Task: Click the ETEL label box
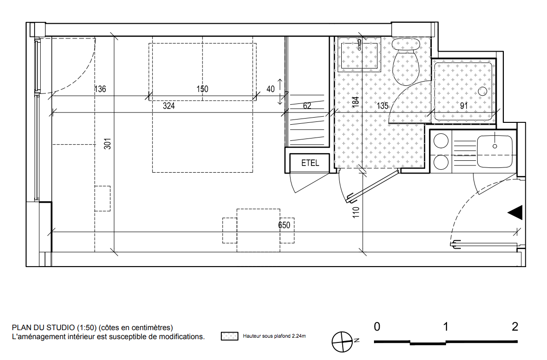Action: pos(310,163)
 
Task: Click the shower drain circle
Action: pos(483,92)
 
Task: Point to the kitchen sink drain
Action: pos(495,146)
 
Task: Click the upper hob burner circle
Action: pos(441,142)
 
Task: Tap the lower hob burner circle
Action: pos(441,162)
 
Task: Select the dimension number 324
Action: pos(169,106)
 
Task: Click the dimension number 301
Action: pos(108,144)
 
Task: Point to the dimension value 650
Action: pos(284,225)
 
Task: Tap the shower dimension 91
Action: pos(464,106)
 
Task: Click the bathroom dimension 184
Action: pos(355,102)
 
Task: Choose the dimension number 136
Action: pos(100,89)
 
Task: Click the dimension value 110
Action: pos(356,212)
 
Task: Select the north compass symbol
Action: pos(342,342)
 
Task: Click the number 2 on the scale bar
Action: pos(515,327)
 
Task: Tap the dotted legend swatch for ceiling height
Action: pos(229,336)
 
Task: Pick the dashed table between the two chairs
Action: pos(258,230)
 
